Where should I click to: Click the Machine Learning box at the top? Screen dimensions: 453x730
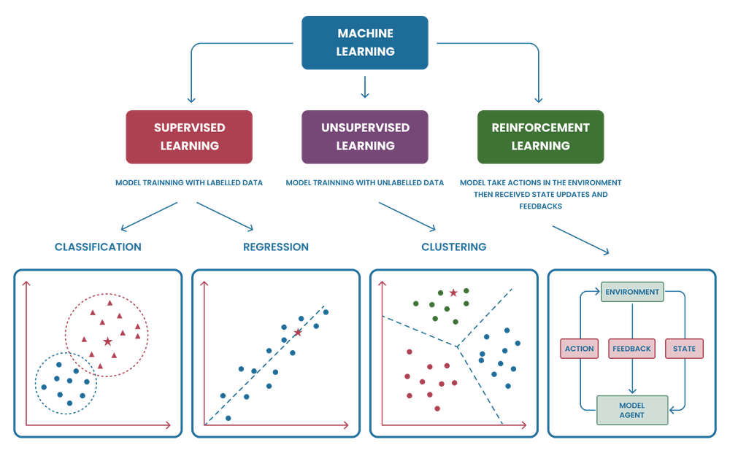click(366, 43)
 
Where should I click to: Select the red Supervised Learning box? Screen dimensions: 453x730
click(189, 136)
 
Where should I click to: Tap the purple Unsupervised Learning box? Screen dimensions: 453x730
click(365, 136)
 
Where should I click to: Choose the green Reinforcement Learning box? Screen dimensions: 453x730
click(540, 136)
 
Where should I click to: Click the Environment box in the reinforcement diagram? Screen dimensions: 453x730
click(631, 293)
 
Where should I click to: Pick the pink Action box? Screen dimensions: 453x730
click(580, 349)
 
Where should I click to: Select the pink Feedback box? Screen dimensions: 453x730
click(631, 349)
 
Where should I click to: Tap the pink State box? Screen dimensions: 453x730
click(684, 349)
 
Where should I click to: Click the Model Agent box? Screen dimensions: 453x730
click(631, 410)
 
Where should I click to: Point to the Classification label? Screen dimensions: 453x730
click(98, 247)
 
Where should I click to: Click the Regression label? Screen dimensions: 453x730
click(277, 247)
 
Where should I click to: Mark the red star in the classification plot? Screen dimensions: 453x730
click(108, 341)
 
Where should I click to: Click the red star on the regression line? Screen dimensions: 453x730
click(297, 332)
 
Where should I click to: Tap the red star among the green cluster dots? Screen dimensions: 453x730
click(454, 293)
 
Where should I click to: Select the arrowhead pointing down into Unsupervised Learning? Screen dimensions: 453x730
click(365, 96)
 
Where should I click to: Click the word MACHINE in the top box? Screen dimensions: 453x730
click(366, 34)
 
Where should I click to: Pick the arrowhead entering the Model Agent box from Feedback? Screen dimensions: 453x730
click(631, 390)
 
